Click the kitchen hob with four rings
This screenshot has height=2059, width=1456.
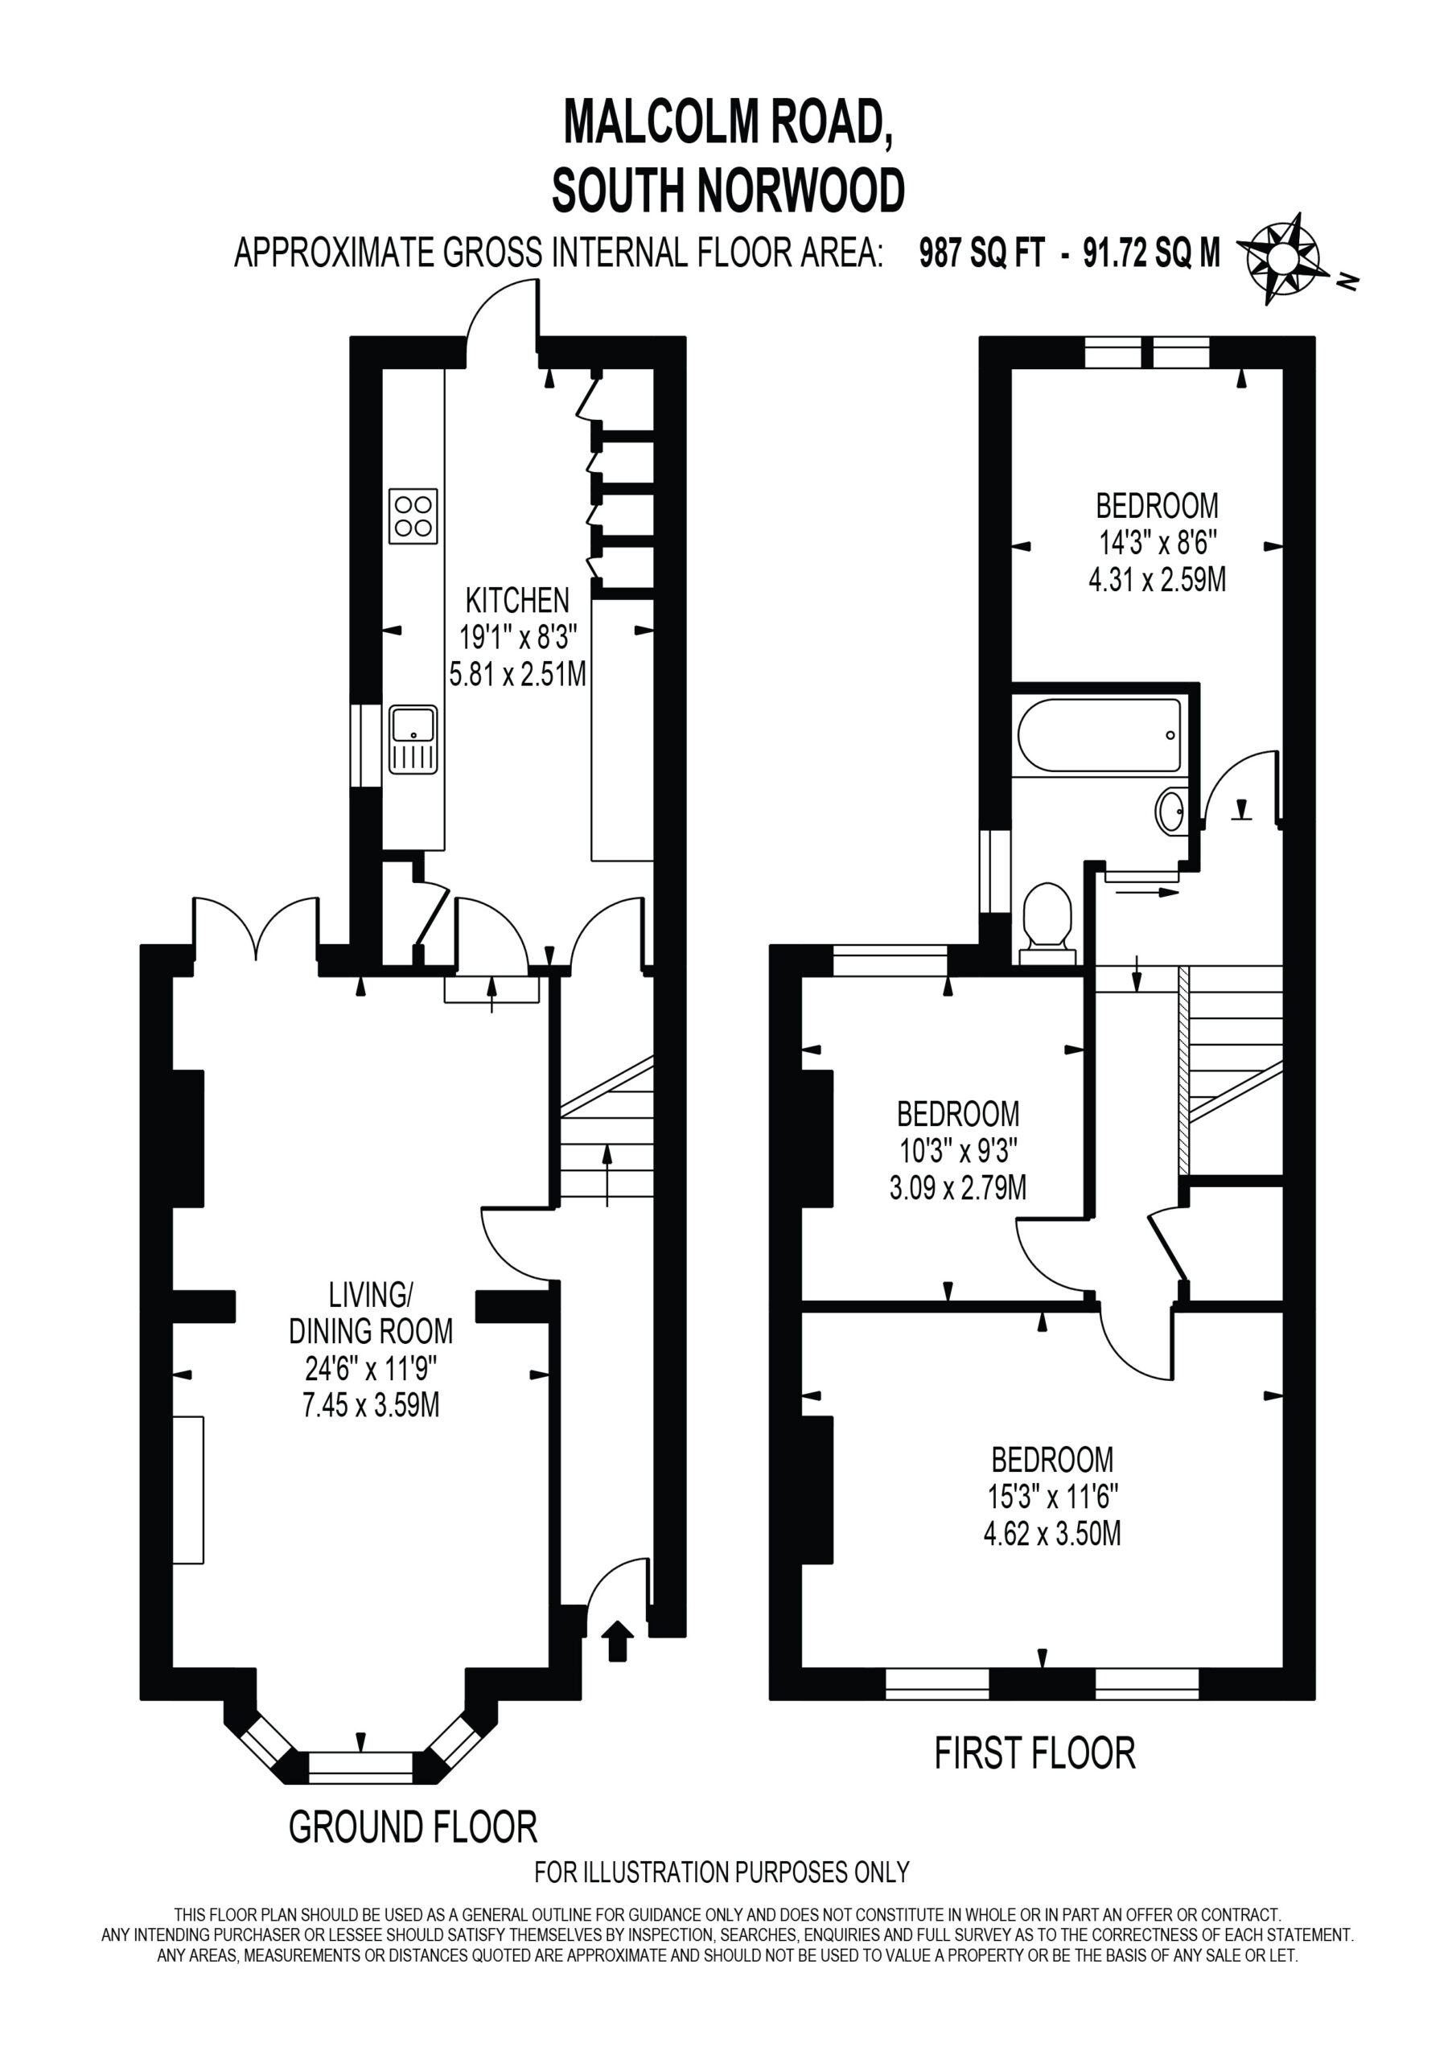[413, 516]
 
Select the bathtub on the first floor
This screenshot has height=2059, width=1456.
[1099, 734]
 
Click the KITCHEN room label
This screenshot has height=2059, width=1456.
[516, 600]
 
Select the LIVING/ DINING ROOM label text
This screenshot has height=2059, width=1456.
[371, 1313]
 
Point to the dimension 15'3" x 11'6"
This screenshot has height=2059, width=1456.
[1052, 1497]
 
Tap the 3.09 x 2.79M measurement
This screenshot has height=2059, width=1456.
[958, 1188]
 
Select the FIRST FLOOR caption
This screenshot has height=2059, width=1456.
[1035, 1753]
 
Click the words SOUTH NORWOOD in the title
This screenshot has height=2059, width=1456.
[729, 190]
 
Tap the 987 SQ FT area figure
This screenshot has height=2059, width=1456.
[982, 254]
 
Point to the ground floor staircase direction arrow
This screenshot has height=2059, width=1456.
[607, 1175]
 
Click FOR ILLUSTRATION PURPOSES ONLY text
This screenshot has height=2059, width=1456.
[722, 1872]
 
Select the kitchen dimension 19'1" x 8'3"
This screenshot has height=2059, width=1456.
[517, 637]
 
